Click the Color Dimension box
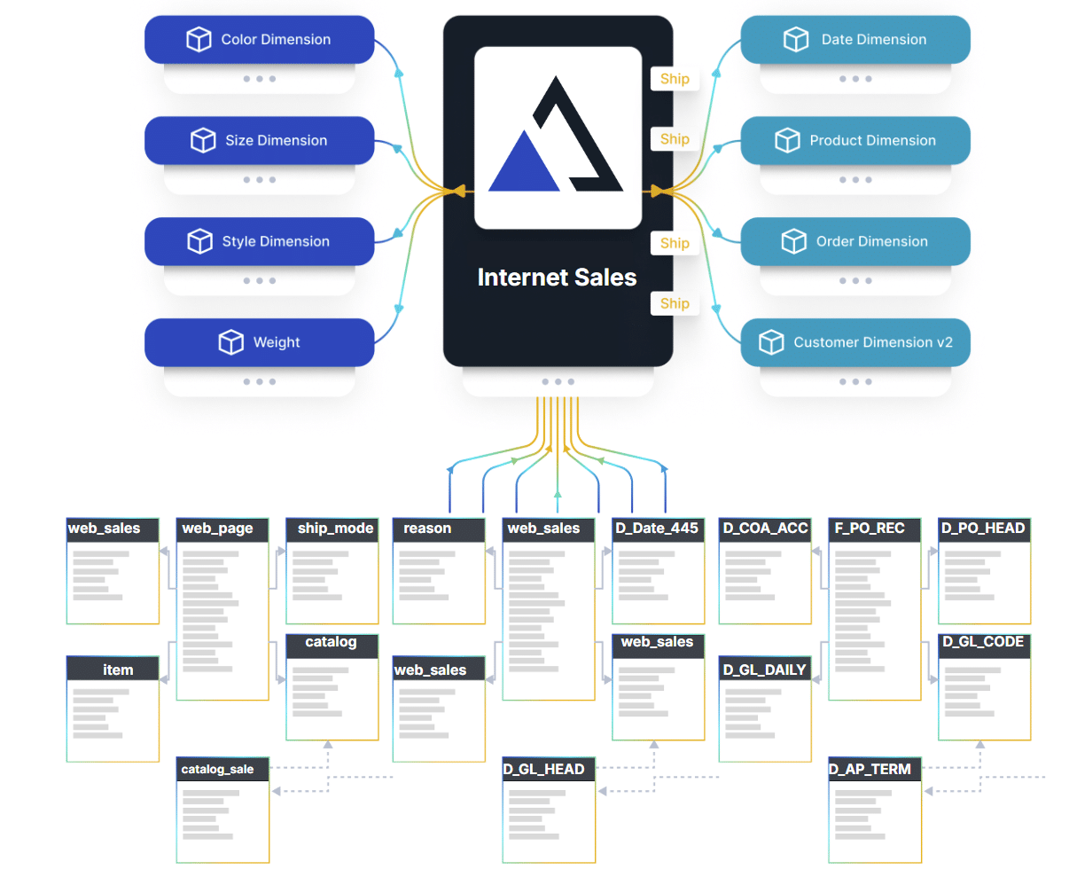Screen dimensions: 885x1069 coord(259,40)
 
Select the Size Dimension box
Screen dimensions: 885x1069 coord(259,141)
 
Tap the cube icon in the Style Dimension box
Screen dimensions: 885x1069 coord(200,241)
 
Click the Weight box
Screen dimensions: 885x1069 coord(259,342)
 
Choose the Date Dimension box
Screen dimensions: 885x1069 coord(855,40)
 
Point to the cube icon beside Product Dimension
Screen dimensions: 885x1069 coord(787,140)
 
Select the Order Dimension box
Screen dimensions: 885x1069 coord(855,241)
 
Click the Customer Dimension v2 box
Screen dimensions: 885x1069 coord(855,342)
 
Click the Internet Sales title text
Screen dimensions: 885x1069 coord(557,278)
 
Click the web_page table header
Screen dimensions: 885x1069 coord(222,529)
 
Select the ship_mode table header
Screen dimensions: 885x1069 coord(332,529)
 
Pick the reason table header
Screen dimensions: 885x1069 coord(439,529)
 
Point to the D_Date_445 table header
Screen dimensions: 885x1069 coord(658,529)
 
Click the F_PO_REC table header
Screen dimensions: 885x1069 coord(874,529)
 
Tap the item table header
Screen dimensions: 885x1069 coord(113,670)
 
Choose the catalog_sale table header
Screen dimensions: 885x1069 coord(222,770)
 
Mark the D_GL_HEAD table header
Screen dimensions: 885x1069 coord(548,770)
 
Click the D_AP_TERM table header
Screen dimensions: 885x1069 coord(874,770)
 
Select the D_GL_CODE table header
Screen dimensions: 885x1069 coord(984,643)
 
